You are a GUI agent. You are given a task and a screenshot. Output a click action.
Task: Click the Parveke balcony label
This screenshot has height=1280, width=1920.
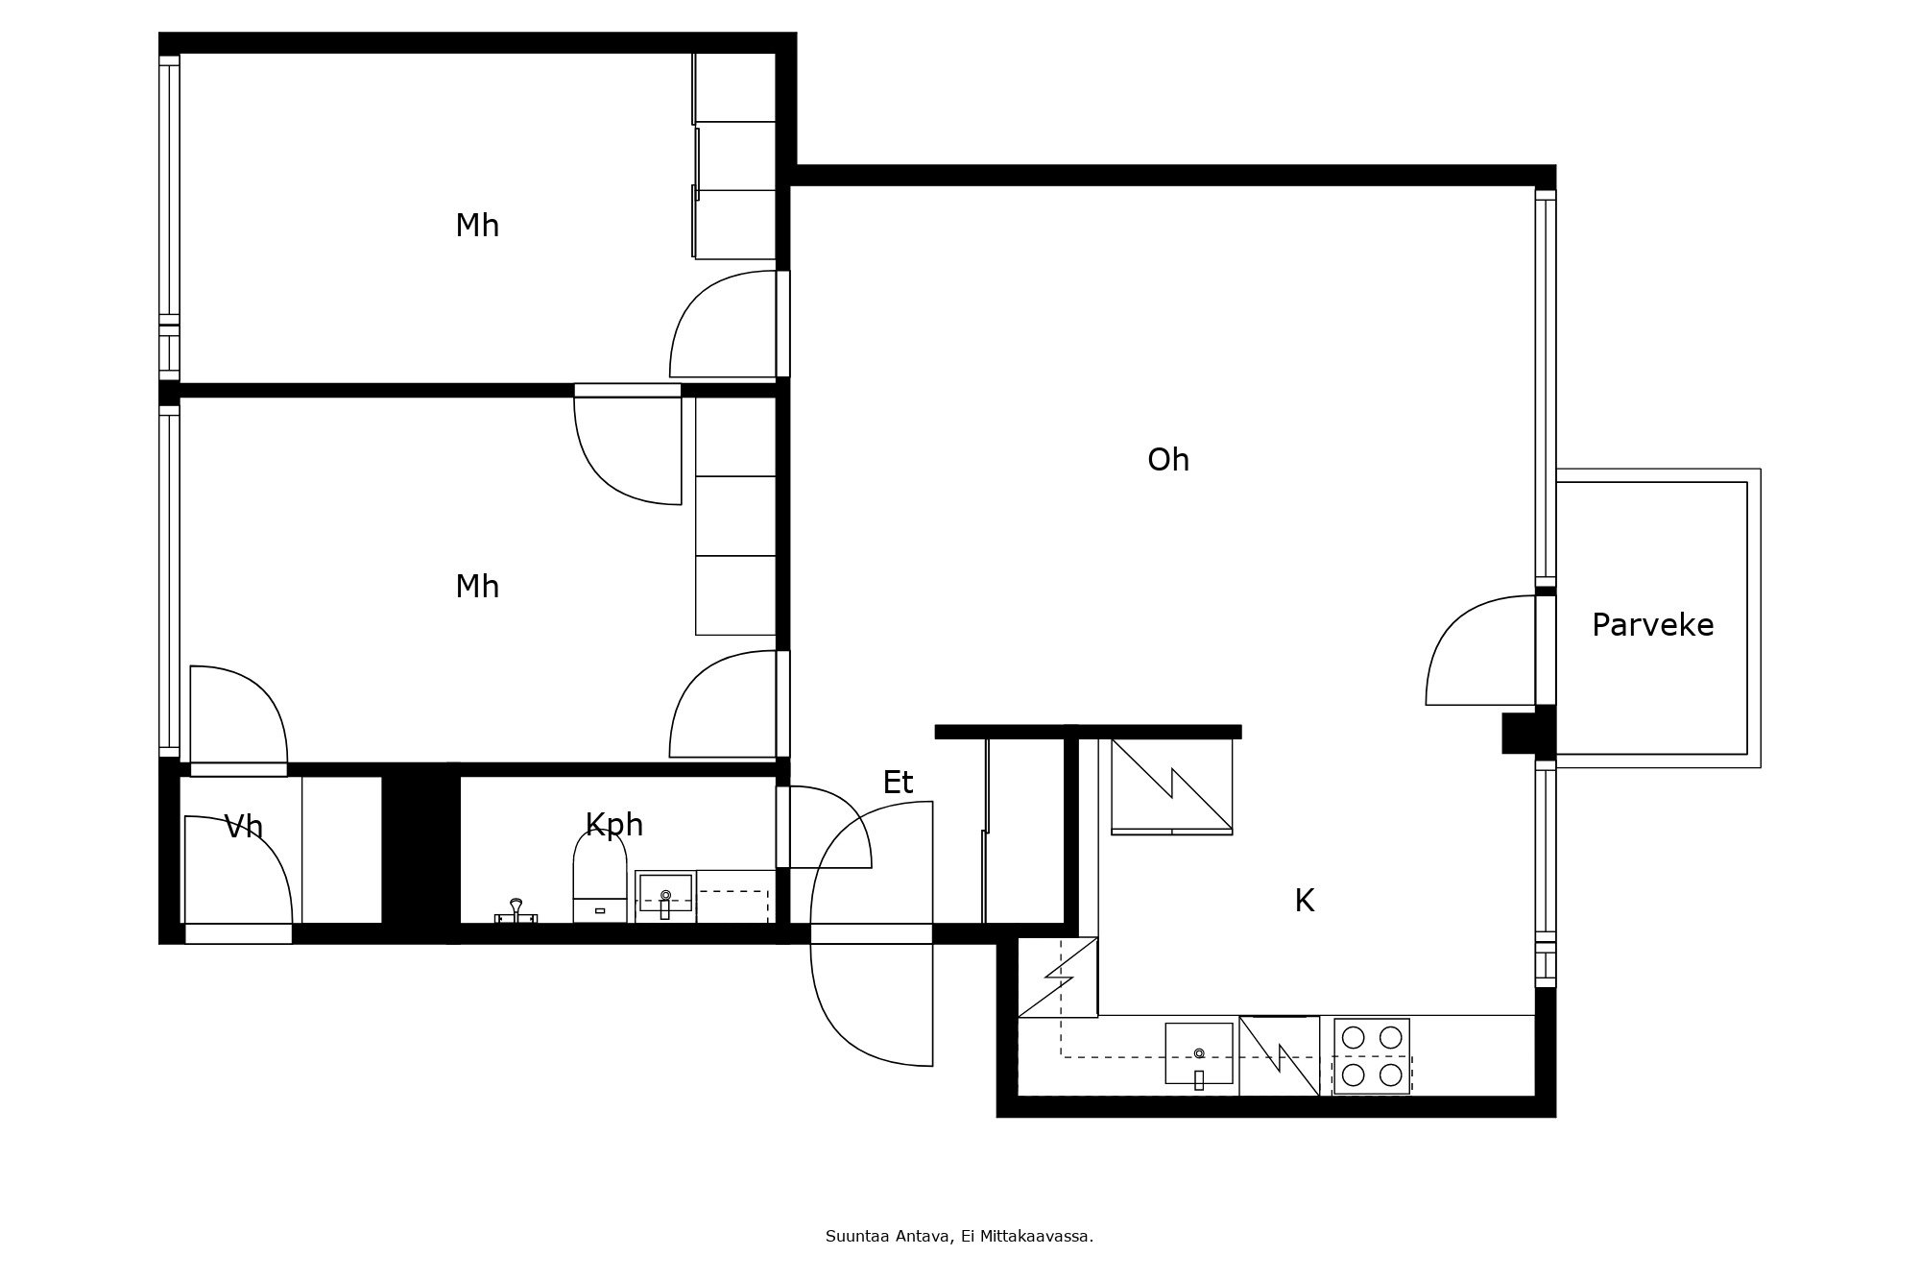coord(1652,625)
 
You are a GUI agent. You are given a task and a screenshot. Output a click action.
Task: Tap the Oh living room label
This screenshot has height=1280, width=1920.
coord(1168,460)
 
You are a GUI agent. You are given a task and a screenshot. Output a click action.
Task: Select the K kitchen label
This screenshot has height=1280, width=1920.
coord(1304,901)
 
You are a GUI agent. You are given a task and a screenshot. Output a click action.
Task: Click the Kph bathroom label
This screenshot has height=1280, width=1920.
coord(613,825)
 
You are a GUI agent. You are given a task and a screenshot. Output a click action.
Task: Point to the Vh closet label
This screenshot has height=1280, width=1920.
coord(243,827)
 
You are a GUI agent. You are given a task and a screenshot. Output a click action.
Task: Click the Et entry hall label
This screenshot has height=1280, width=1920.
coord(898,783)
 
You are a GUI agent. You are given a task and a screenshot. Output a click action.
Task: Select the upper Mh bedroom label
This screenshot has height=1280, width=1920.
coord(477,226)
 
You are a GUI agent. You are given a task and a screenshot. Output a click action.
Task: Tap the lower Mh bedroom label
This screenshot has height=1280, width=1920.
coord(477,587)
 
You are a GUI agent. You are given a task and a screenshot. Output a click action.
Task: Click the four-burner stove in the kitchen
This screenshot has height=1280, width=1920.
coord(1372,1056)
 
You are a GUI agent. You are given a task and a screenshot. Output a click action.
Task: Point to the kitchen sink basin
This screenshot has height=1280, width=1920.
coord(1198,1053)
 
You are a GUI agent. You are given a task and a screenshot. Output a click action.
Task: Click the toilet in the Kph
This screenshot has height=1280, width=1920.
coord(600,879)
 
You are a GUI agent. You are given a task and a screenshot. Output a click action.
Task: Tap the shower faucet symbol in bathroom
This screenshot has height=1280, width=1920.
coord(516,911)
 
